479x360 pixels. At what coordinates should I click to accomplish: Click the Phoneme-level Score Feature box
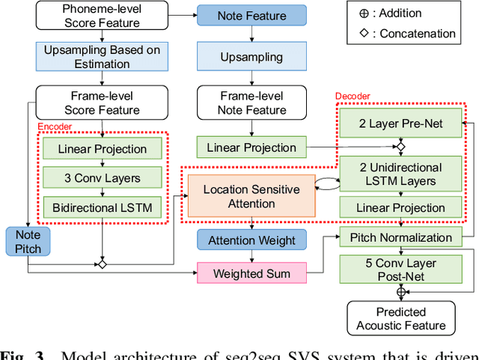103,16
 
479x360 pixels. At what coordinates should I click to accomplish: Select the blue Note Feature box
251,16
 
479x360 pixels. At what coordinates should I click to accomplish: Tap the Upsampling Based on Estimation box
103,58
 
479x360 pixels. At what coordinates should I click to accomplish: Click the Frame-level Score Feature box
103,103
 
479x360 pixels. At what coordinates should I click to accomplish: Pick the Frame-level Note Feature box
251,103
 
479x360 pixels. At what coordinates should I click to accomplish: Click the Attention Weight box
251,240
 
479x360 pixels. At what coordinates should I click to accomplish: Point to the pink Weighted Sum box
251,273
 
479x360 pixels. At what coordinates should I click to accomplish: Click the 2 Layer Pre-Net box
400,123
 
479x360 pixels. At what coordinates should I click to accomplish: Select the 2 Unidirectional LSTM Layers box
400,174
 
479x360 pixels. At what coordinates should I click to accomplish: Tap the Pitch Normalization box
400,237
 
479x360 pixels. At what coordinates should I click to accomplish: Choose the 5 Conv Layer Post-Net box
400,270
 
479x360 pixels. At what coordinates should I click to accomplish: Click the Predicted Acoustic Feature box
400,318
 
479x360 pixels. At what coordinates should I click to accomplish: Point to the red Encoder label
54,126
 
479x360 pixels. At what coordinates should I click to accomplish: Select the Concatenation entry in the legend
411,34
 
